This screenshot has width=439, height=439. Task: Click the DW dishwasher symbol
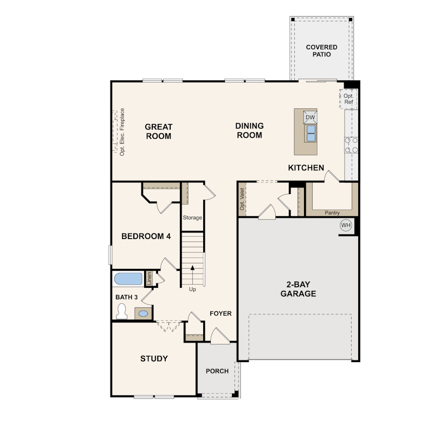coord(310,117)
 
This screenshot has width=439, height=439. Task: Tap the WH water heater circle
coord(346,225)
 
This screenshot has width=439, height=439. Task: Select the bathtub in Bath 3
coord(128,279)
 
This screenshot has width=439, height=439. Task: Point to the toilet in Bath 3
coord(121,311)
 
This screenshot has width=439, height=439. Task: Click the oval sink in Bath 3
coord(143,314)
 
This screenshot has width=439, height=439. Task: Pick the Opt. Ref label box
coord(348,99)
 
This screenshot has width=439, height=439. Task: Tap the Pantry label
coord(332,213)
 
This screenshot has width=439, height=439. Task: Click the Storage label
coord(192,217)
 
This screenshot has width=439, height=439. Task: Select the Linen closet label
coord(149,278)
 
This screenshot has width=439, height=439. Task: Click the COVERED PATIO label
coord(322,51)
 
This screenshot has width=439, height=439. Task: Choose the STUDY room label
coord(154,359)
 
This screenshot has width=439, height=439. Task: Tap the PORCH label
coord(217,371)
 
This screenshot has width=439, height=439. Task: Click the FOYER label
coord(221,314)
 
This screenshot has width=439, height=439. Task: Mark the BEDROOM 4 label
coord(146,236)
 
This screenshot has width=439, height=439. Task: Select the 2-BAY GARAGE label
coord(298,289)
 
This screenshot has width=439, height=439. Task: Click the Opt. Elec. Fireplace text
coord(122,132)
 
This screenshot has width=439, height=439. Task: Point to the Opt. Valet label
coord(242,199)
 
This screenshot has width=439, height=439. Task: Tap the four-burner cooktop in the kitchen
coord(351,145)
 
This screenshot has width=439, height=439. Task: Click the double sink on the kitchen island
coord(311,133)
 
